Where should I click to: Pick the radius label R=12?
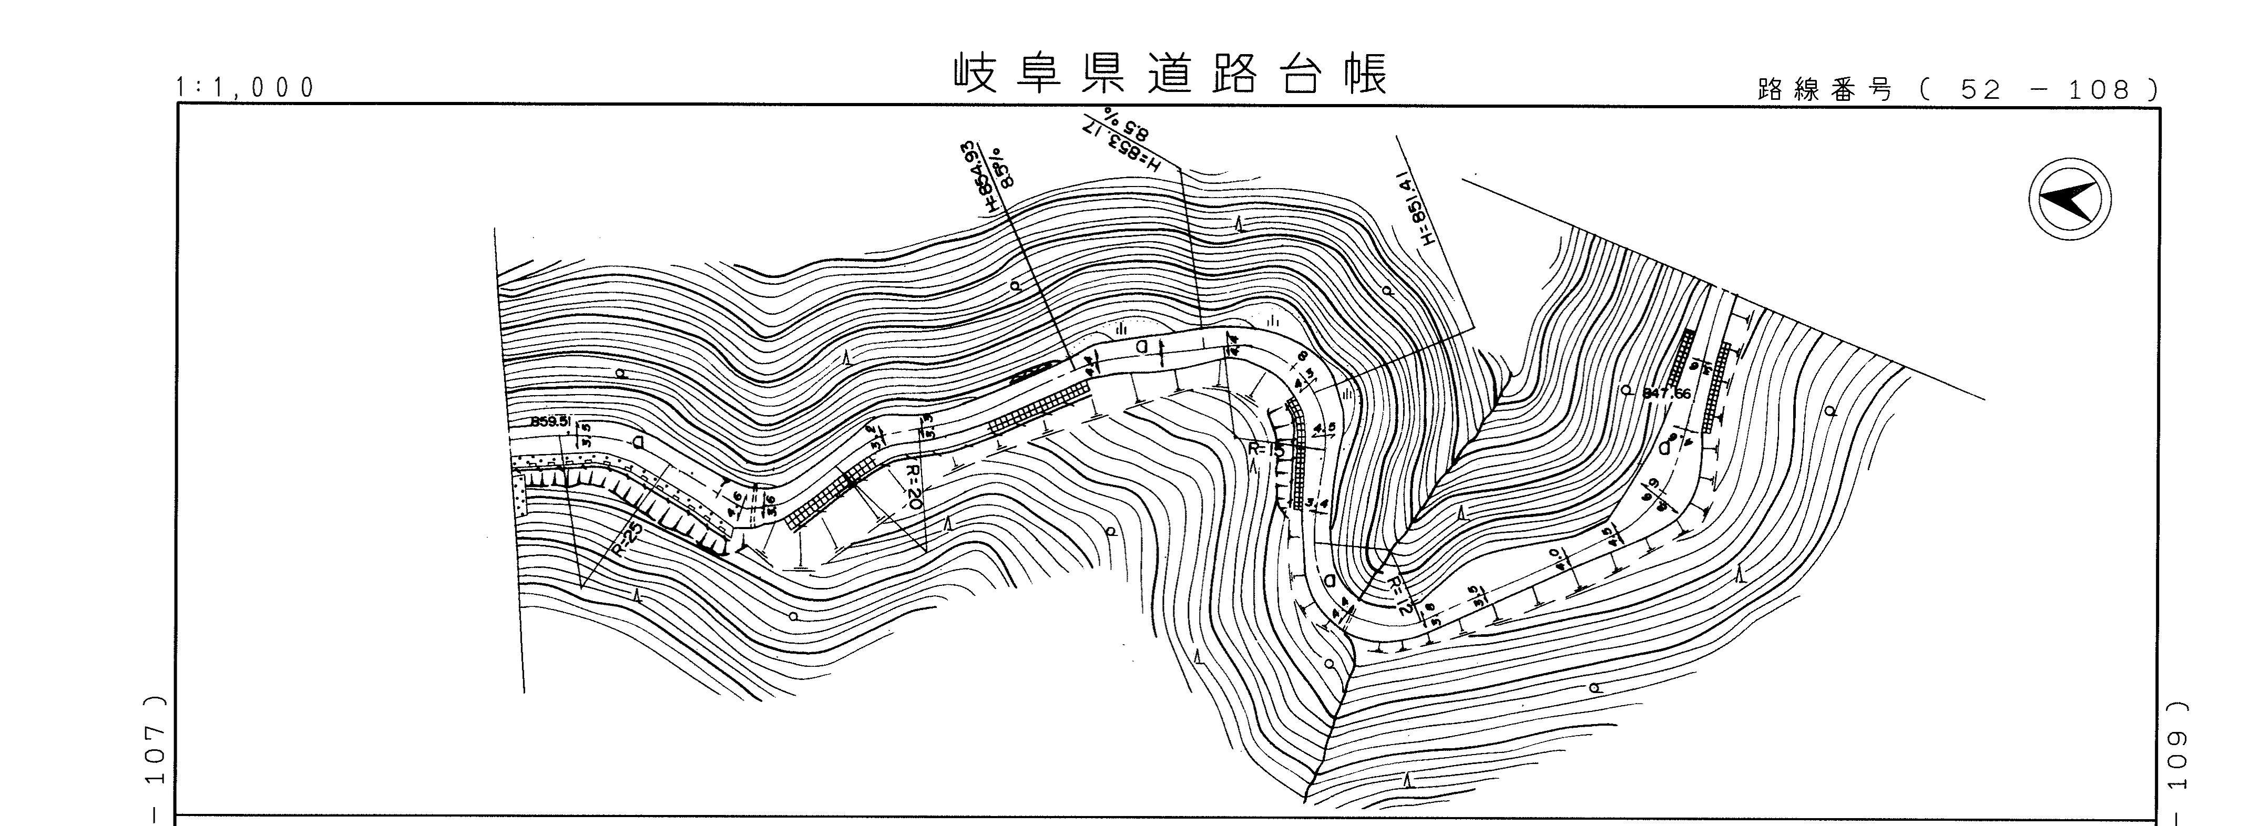tap(1402, 594)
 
